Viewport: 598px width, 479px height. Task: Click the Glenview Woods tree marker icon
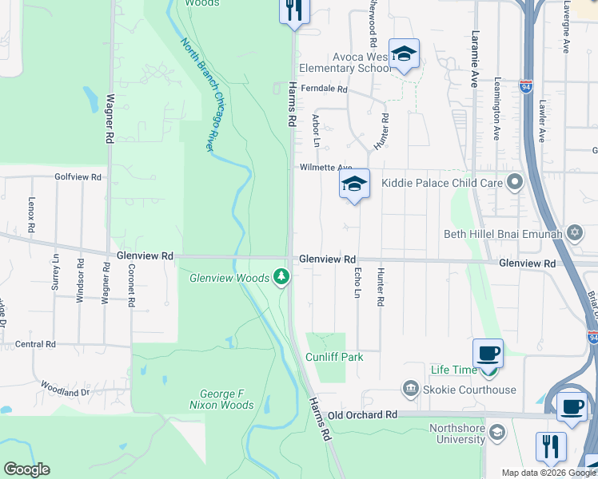pyautogui.click(x=281, y=277)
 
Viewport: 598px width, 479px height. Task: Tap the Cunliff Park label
pyautogui.click(x=334, y=357)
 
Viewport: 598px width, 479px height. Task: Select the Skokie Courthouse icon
pyautogui.click(x=411, y=389)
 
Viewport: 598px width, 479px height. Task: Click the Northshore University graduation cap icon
pyautogui.click(x=496, y=433)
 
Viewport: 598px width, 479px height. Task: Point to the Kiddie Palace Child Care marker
pyautogui.click(x=515, y=183)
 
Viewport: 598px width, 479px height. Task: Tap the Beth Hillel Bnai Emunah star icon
pyautogui.click(x=573, y=234)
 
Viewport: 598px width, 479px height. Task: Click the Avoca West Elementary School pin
pyautogui.click(x=404, y=53)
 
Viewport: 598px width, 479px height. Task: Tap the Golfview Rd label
pyautogui.click(x=78, y=176)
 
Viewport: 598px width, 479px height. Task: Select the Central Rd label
pyautogui.click(x=34, y=344)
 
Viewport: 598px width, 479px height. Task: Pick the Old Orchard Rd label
pyautogui.click(x=362, y=415)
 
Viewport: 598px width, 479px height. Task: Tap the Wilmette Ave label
pyautogui.click(x=325, y=168)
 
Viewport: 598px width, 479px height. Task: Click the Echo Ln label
pyautogui.click(x=357, y=283)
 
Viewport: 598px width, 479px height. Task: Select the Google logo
pyautogui.click(x=26, y=469)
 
